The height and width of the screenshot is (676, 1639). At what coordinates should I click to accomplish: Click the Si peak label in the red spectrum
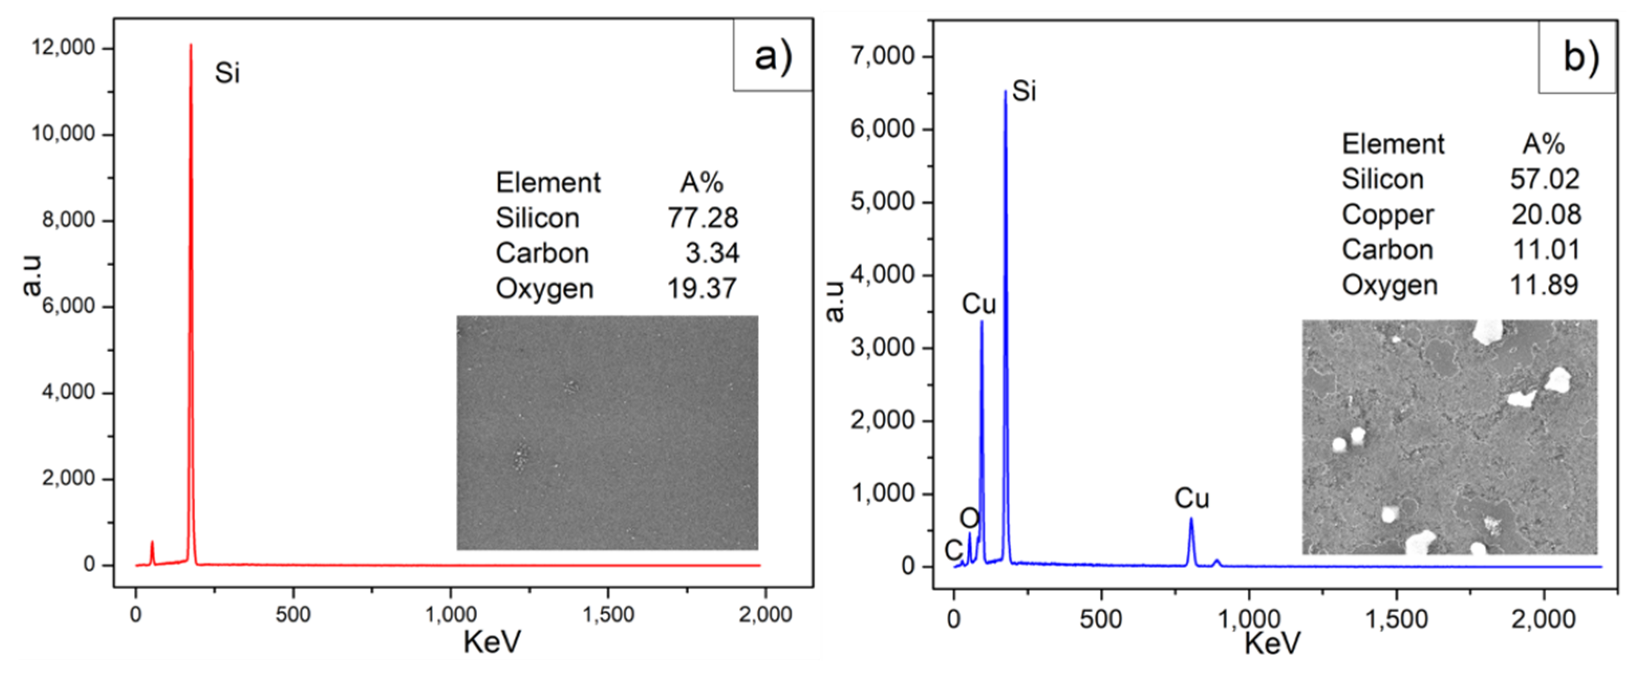click(x=227, y=73)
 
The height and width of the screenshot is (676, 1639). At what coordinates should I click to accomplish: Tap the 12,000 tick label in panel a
click(x=63, y=48)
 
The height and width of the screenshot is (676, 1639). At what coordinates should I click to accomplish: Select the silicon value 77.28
click(x=703, y=218)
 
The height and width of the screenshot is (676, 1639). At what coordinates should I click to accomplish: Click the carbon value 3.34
click(x=712, y=253)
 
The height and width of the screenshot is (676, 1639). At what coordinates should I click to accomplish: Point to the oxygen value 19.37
click(x=702, y=289)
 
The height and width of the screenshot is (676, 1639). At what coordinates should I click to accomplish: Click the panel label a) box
click(x=772, y=56)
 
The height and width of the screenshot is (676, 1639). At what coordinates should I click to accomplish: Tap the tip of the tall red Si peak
click(x=191, y=46)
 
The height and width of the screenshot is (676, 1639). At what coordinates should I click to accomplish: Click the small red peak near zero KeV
click(x=152, y=544)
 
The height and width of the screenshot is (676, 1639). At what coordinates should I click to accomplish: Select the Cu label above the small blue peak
click(x=1191, y=498)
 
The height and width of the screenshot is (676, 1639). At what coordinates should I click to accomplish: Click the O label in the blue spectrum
click(x=969, y=519)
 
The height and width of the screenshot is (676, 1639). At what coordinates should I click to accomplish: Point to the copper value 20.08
click(x=1546, y=214)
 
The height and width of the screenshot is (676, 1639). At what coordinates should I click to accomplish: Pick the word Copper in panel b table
click(x=1388, y=214)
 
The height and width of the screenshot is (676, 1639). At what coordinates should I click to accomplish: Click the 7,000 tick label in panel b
click(x=882, y=56)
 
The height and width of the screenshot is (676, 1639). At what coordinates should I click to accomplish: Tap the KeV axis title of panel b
click(x=1272, y=643)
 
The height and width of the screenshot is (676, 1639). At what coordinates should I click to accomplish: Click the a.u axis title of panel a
click(x=32, y=275)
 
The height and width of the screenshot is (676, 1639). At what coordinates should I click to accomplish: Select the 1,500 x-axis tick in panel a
click(x=608, y=614)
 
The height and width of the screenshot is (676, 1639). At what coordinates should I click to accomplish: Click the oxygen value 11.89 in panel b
click(x=1544, y=285)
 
